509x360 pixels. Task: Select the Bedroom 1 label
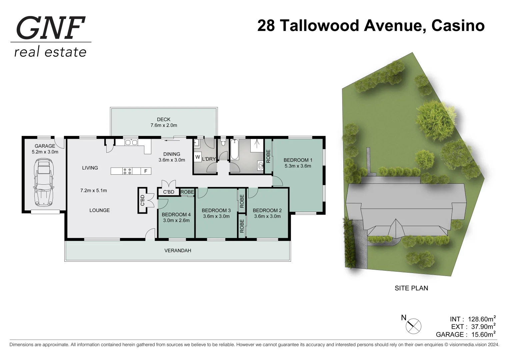[298, 160]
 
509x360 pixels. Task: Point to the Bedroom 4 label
[176, 214]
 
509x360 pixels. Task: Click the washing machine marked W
[197, 157]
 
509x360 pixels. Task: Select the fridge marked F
[146, 171]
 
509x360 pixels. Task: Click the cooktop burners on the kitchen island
[127, 171]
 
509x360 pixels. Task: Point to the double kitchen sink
[131, 143]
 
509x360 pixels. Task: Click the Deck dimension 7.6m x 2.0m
[164, 125]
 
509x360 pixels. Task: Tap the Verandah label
[178, 250]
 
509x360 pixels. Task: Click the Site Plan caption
[411, 288]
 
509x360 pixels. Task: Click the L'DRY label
[209, 159]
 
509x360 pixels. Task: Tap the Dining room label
[172, 154]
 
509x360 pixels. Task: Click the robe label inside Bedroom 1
[268, 156]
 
